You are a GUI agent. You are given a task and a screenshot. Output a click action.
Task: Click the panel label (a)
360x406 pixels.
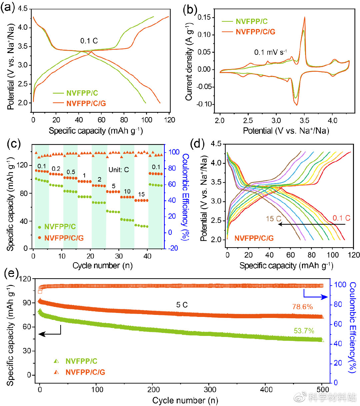7,7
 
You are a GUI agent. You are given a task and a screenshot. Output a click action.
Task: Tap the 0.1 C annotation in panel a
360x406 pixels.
89,41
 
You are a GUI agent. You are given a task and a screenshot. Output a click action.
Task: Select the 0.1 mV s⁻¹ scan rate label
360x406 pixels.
270,52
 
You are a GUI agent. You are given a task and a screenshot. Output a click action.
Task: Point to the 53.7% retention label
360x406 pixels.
304,331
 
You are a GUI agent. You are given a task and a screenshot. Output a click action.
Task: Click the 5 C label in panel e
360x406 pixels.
182,305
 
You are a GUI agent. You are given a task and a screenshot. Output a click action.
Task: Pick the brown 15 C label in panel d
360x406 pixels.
273,219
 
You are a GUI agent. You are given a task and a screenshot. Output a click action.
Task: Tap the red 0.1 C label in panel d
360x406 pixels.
341,218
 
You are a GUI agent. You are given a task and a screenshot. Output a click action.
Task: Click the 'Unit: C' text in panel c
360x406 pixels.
119,170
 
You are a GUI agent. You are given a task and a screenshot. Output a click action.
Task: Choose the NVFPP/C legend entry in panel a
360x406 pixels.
82,93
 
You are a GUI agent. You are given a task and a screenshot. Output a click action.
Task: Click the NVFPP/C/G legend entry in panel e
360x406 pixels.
85,372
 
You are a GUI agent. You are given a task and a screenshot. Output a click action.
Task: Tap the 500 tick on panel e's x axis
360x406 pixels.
322,389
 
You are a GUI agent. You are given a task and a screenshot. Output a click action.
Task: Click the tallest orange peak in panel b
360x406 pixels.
304,18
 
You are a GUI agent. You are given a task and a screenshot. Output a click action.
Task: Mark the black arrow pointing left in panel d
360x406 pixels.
311,225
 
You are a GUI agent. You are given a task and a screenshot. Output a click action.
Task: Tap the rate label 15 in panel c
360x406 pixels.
141,194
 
